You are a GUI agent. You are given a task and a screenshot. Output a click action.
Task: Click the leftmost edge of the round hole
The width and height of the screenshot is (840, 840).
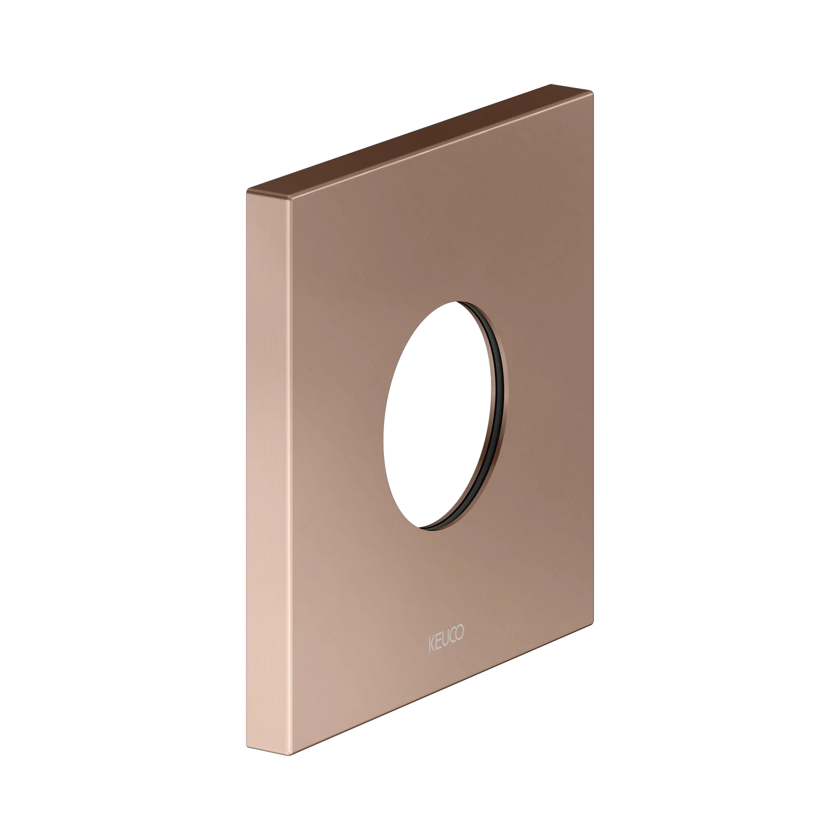pyautogui.click(x=383, y=435)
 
